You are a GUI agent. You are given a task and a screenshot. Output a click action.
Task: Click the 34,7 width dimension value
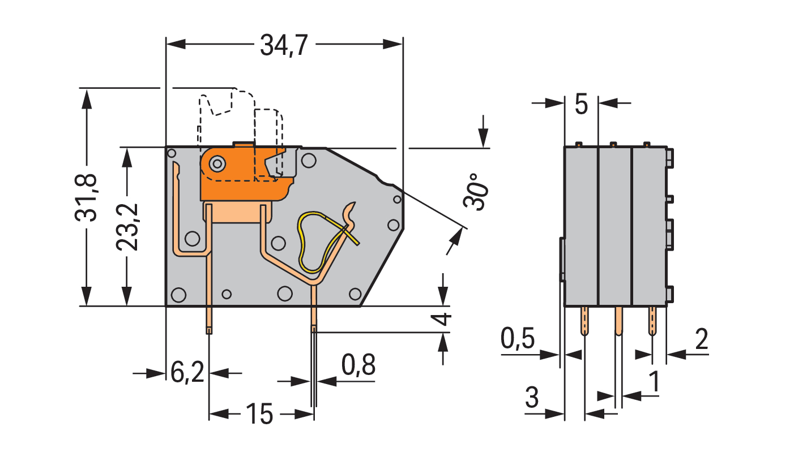pos(284,45)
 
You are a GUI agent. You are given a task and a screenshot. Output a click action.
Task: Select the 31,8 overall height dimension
pos(86,198)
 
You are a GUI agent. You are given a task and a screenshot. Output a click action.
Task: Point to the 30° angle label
pos(475,192)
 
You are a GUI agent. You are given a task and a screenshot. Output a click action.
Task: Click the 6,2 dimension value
pos(187,372)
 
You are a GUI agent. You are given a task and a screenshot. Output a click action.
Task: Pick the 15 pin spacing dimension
pos(260,414)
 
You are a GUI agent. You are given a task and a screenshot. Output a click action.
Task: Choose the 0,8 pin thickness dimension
pos(358,365)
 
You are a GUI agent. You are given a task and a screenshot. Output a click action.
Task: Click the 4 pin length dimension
pos(442,319)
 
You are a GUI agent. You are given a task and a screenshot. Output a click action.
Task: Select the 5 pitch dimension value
pos(581,105)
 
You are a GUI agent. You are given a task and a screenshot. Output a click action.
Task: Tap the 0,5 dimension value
pos(518,338)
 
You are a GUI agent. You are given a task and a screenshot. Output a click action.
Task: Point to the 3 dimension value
pos(532,397)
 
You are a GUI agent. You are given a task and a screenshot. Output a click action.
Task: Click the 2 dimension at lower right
pos(702,339)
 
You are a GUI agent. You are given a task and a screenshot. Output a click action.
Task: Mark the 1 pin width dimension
pos(654,381)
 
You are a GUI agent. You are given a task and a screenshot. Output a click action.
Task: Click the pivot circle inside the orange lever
pos(217,164)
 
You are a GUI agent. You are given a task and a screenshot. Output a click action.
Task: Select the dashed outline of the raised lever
pos(241,135)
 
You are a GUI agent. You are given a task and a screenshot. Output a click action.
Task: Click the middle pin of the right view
pos(618,321)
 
